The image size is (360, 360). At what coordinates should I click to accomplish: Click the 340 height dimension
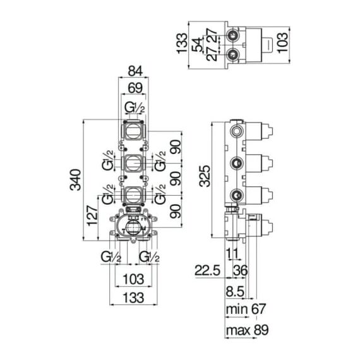click(x=75, y=180)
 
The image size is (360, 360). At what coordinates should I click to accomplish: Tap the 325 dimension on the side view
click(x=205, y=176)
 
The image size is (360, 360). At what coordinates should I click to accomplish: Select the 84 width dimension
click(x=135, y=71)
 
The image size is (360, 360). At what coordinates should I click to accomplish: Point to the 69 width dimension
click(x=135, y=88)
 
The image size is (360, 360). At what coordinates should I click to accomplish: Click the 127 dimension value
click(x=92, y=215)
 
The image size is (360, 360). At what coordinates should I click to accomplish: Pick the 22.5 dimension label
click(x=207, y=270)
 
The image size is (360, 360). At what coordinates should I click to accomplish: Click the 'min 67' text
click(x=246, y=309)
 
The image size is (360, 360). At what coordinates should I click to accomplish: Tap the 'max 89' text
click(x=247, y=330)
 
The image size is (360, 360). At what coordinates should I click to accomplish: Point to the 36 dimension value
click(x=241, y=270)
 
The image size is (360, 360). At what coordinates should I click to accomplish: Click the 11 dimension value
click(x=233, y=253)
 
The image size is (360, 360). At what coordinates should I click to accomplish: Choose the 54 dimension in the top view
click(x=198, y=45)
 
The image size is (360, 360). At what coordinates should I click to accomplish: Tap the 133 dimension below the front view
click(x=134, y=297)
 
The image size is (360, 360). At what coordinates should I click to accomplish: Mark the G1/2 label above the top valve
click(x=135, y=107)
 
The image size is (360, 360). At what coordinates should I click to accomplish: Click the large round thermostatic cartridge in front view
click(x=133, y=227)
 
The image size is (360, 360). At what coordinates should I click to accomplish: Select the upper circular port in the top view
click(x=232, y=35)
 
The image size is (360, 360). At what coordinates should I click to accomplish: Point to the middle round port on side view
click(x=237, y=163)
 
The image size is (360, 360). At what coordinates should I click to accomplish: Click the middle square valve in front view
click(x=133, y=163)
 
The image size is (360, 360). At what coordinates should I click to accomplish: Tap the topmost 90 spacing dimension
click(x=176, y=147)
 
